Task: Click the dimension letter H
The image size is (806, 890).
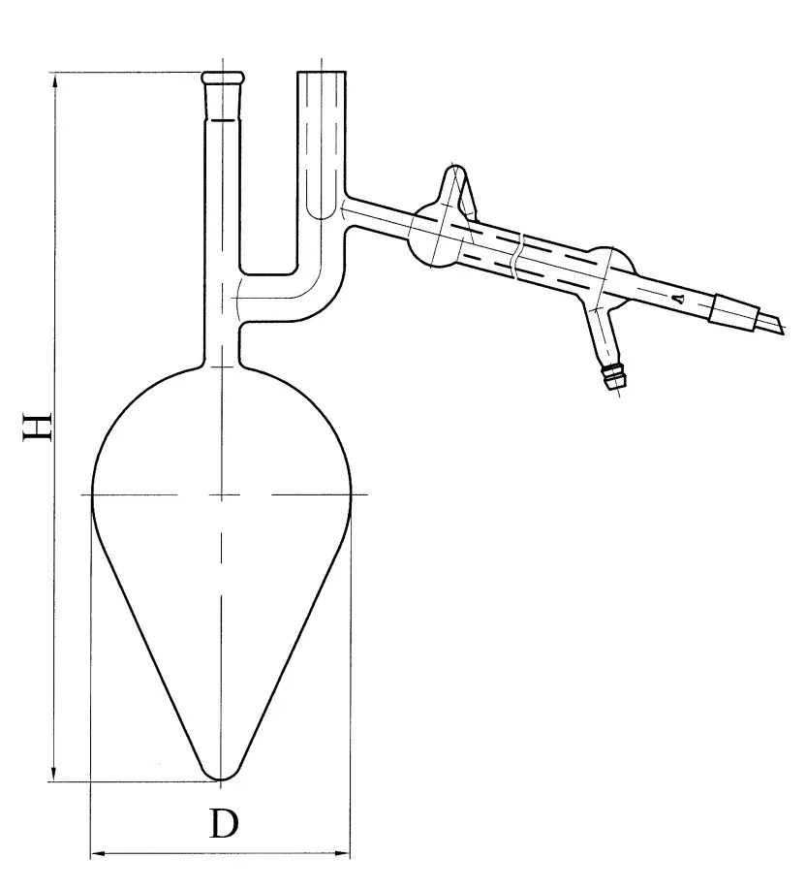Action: (38, 427)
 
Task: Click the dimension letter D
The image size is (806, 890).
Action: (224, 824)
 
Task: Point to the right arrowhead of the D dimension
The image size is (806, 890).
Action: (339, 853)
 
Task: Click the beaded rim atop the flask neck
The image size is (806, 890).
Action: (223, 77)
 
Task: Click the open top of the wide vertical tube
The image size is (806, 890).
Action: (322, 72)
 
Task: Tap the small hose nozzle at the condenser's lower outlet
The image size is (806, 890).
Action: (614, 376)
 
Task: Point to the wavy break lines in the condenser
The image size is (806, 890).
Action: (518, 255)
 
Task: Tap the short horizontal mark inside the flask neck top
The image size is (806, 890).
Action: (223, 120)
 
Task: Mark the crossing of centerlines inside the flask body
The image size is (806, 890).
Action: (221, 495)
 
